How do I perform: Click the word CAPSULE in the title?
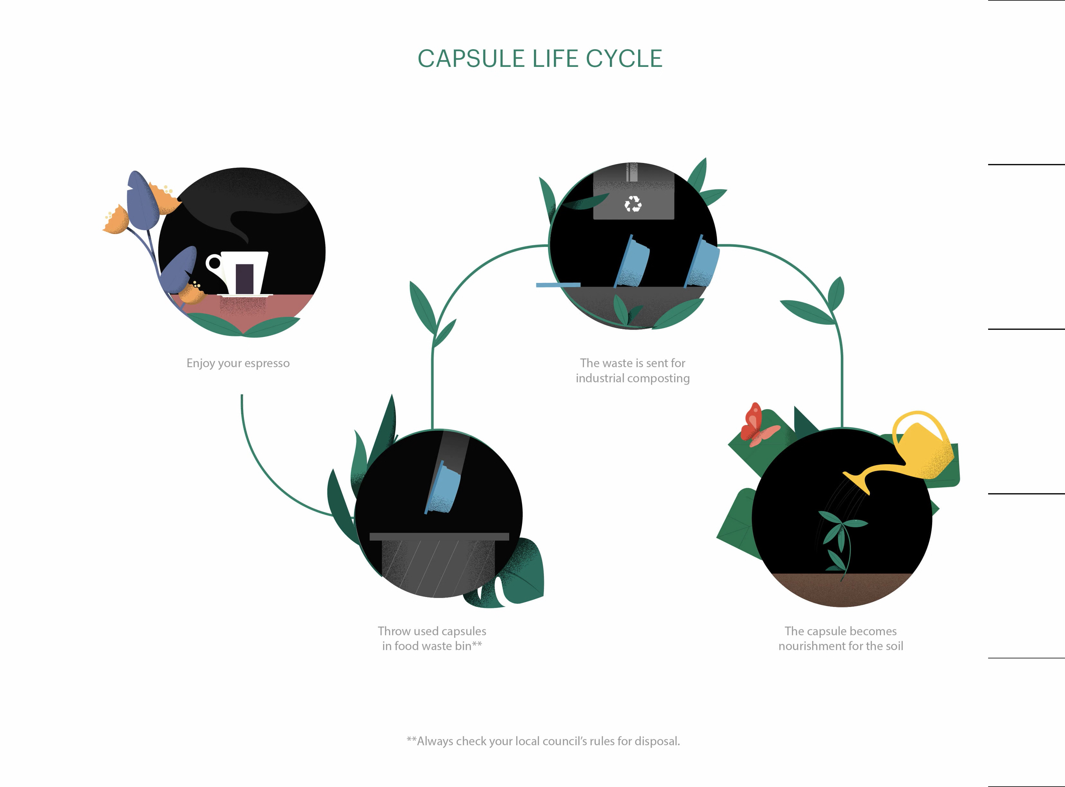471,59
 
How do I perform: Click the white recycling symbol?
633,204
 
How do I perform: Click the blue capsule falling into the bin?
443,489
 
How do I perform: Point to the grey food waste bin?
438,562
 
